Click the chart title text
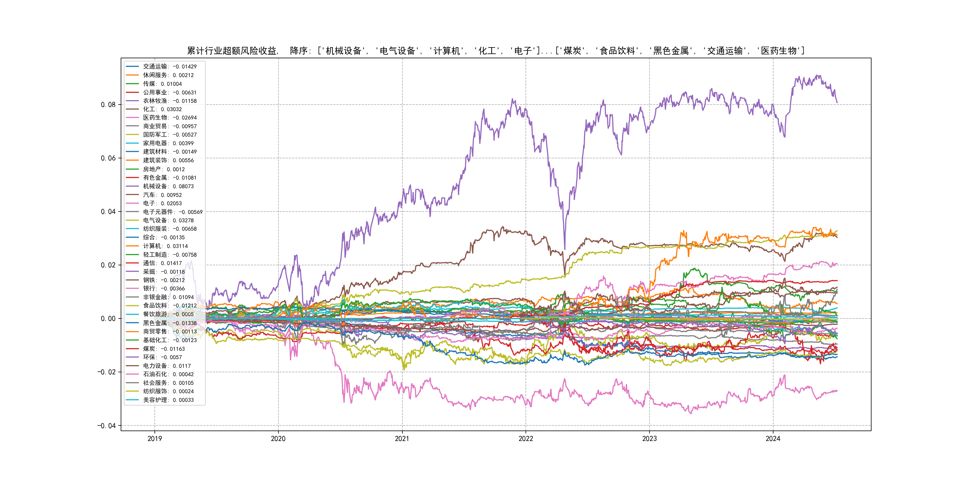[496, 51]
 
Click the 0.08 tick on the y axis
[108, 105]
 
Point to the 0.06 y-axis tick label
[108, 158]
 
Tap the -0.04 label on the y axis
[107, 426]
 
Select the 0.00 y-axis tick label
[108, 319]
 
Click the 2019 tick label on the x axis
[154, 439]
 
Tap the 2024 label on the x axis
[773, 439]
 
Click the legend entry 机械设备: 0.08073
[168, 186]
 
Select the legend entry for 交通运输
[169, 67]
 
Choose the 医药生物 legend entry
[169, 118]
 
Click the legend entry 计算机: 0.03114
[165, 246]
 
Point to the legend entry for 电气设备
[168, 220]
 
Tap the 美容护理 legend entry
[168, 400]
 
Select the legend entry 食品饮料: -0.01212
[169, 306]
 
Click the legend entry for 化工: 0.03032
[162, 109]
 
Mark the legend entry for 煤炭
[163, 349]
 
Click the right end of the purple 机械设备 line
[837, 102]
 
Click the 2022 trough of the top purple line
[564, 249]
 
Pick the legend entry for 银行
[163, 289]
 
